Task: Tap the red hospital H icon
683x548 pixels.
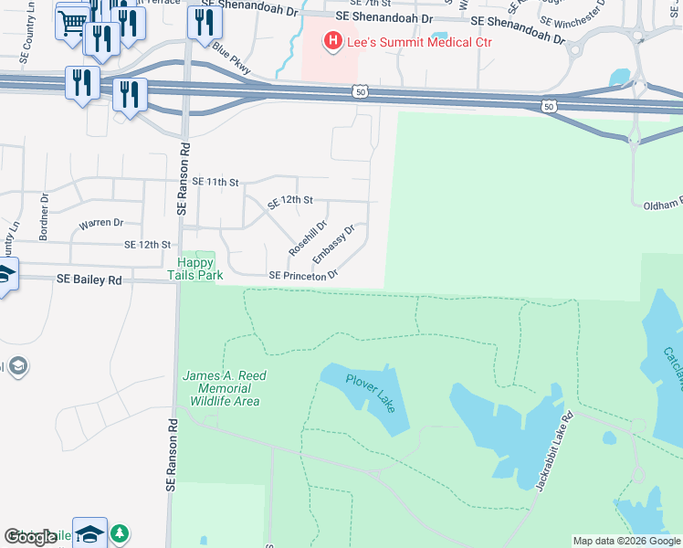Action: pyautogui.click(x=332, y=41)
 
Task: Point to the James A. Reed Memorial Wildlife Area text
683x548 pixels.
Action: pyautogui.click(x=221, y=388)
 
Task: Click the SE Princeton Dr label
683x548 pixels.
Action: pyautogui.click(x=303, y=275)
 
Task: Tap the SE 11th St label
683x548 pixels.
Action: pyautogui.click(x=215, y=183)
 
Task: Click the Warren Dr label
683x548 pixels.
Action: pyautogui.click(x=100, y=223)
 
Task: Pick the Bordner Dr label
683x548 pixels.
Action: pyautogui.click(x=44, y=222)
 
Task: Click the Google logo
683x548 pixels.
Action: pyautogui.click(x=30, y=537)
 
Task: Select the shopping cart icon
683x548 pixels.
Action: pyautogui.click(x=72, y=22)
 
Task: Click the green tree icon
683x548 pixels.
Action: pyautogui.click(x=120, y=532)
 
